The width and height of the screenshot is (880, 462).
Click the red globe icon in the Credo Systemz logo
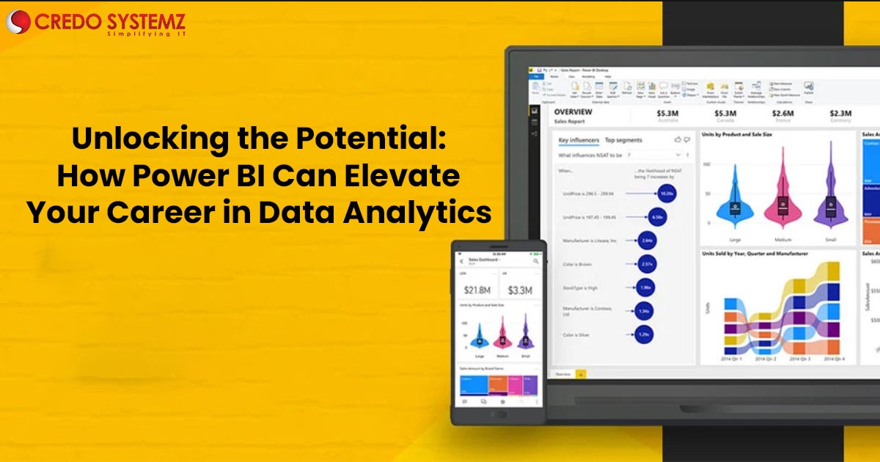point(18,21)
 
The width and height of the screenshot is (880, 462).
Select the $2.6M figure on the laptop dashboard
point(782,114)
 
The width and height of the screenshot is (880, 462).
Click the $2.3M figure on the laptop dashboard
point(840,114)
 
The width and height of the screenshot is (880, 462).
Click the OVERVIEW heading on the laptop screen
point(574,112)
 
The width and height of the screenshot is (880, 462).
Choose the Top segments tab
point(623,140)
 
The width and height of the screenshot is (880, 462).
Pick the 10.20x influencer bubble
point(665,194)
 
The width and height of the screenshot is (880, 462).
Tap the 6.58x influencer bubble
point(658,217)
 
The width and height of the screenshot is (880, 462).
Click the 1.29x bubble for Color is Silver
point(644,334)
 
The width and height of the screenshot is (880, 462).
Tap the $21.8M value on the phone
point(478,290)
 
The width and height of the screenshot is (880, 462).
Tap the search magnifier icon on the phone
point(536,261)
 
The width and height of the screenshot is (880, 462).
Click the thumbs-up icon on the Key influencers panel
point(678,139)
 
